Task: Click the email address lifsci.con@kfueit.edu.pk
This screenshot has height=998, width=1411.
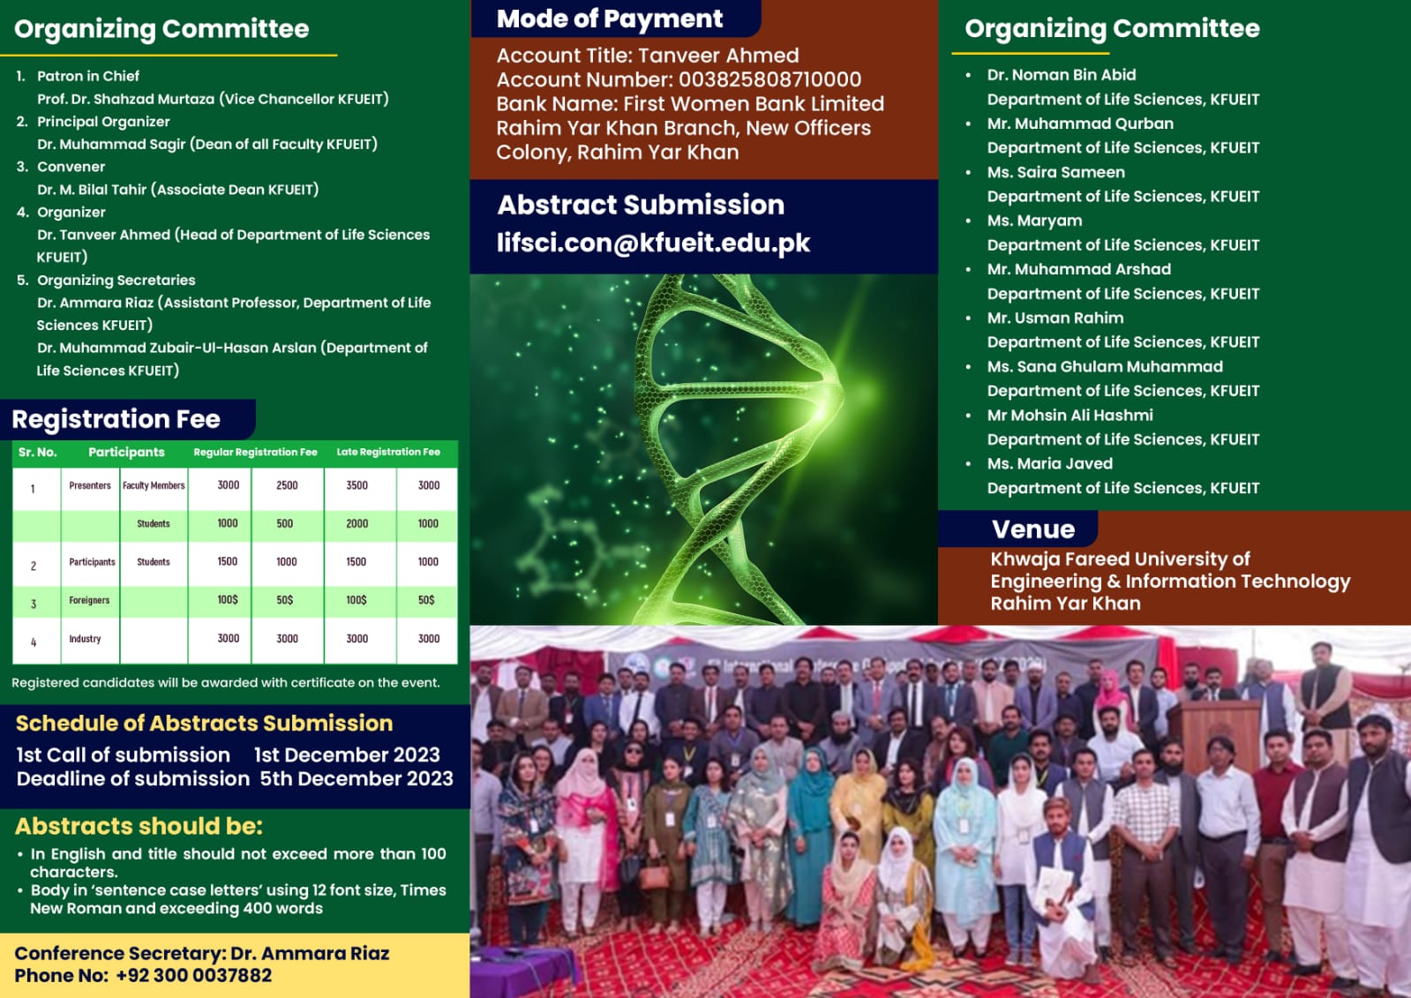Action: tap(653, 244)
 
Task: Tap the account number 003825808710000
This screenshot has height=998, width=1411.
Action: tap(769, 79)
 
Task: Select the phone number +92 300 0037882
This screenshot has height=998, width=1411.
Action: tap(194, 975)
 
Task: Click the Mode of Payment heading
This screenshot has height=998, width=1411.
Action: tap(609, 19)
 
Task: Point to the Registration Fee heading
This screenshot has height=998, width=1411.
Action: tap(116, 419)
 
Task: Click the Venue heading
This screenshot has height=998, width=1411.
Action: tap(1033, 529)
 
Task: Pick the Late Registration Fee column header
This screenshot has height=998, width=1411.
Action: tap(388, 452)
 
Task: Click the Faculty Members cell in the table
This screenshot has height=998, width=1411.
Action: tap(154, 485)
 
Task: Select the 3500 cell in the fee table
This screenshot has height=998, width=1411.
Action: tap(357, 485)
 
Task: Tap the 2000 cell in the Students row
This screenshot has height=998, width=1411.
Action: tap(357, 523)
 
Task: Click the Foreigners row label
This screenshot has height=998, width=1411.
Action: tap(89, 600)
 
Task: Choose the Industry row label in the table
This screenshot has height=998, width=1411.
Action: tap(85, 638)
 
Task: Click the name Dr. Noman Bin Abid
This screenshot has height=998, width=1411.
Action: tap(1062, 75)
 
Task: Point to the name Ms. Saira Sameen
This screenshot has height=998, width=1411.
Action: tap(1055, 172)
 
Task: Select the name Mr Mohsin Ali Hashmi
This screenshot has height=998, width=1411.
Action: tap(1070, 416)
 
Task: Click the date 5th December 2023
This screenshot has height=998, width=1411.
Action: tap(357, 779)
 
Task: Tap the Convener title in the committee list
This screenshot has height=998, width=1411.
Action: tap(71, 167)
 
